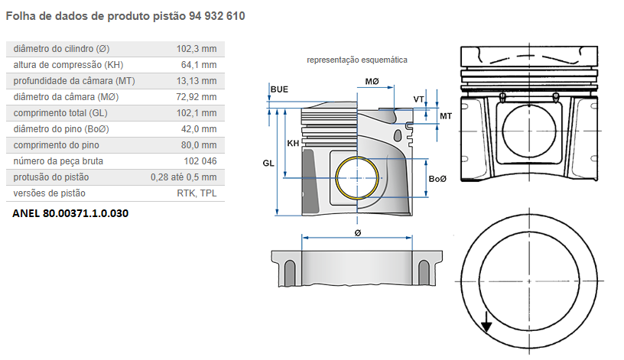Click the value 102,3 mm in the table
[197, 48]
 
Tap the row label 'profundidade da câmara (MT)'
[68, 81]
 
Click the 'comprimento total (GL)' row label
[60, 113]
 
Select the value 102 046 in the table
[200, 161]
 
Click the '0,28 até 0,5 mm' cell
[184, 177]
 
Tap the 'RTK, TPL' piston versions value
[197, 193]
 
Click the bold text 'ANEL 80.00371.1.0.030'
[70, 213]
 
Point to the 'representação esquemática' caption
[357, 60]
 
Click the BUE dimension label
[279, 89]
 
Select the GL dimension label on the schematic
[268, 163]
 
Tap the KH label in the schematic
[293, 144]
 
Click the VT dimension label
[418, 99]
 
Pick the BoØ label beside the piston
[437, 178]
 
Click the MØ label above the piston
[372, 81]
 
